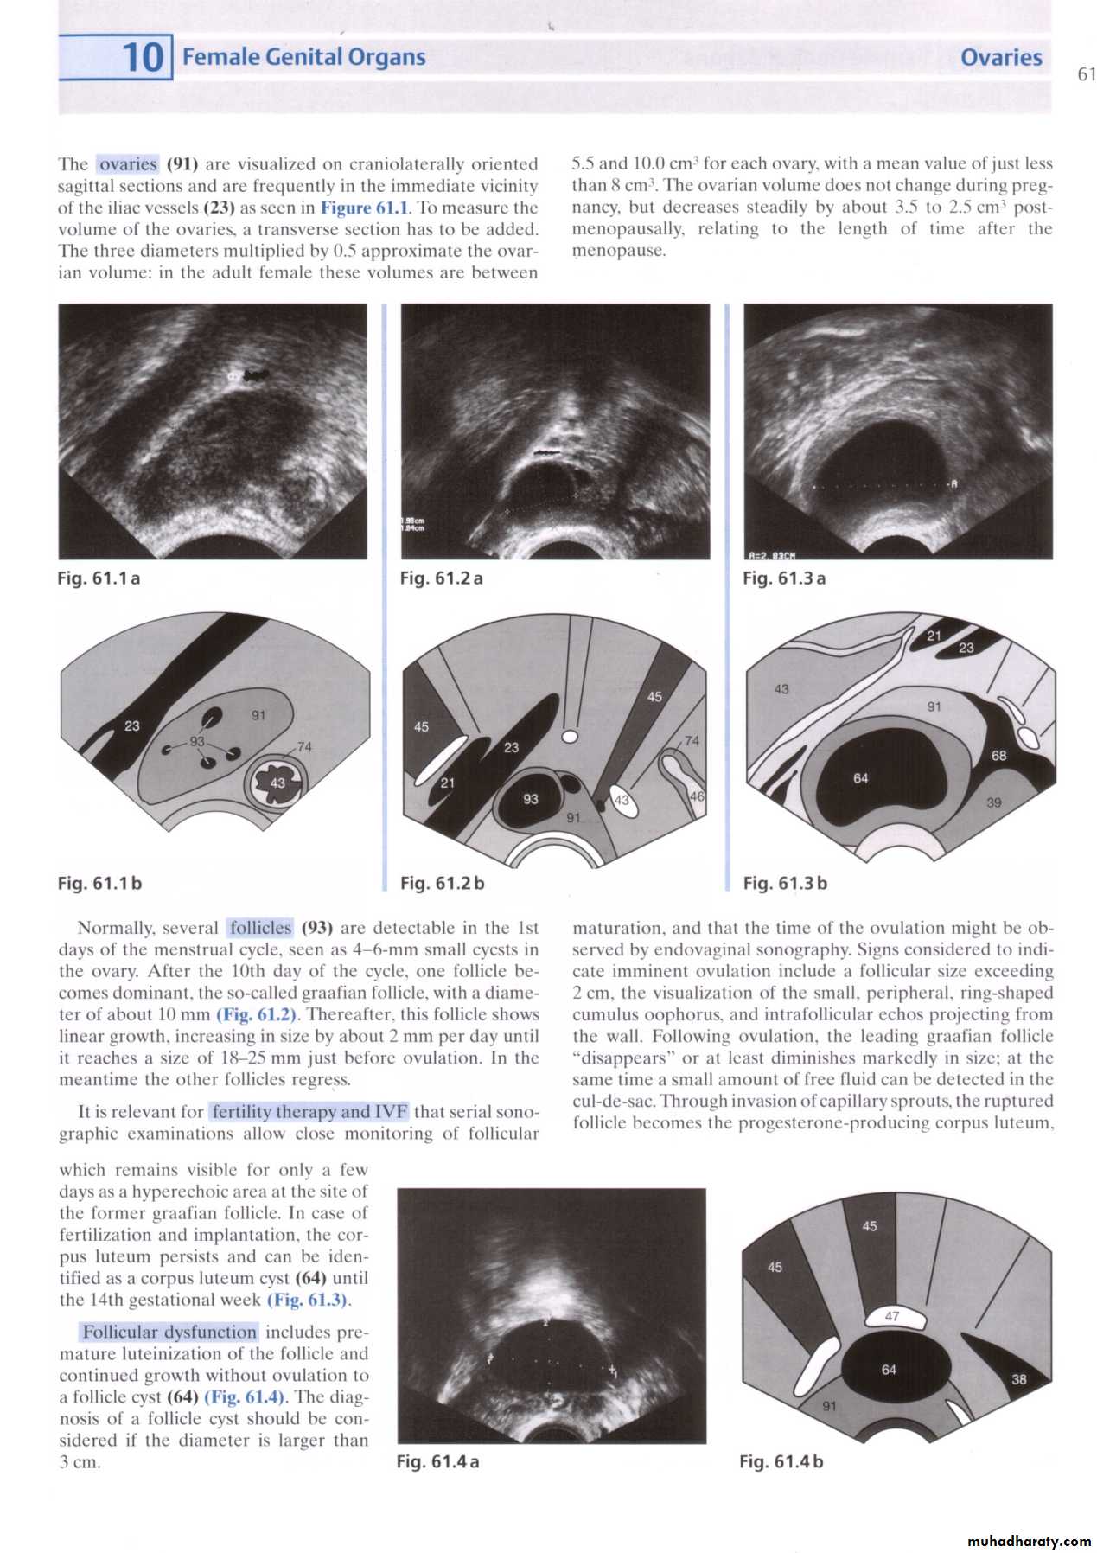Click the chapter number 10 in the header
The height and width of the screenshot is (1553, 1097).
(x=143, y=57)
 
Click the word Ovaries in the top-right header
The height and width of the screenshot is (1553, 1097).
(x=1001, y=58)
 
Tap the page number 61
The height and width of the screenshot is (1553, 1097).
(x=1086, y=74)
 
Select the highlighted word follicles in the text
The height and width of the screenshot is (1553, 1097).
(x=260, y=928)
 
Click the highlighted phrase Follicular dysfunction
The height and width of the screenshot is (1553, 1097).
(x=170, y=1332)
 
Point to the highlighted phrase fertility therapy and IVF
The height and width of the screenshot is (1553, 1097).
(x=309, y=1111)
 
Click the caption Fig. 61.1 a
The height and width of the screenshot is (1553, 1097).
(x=99, y=578)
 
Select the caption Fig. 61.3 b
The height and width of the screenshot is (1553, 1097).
(x=785, y=883)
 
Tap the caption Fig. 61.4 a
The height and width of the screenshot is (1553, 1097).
(x=437, y=1461)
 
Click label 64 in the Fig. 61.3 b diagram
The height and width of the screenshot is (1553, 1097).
(x=861, y=778)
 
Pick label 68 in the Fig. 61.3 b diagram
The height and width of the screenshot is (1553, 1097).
(x=999, y=755)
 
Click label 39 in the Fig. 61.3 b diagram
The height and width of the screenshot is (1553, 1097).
(x=994, y=802)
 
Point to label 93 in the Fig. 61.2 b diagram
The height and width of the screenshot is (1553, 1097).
(x=531, y=799)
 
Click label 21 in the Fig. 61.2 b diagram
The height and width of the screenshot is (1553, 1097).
(x=447, y=783)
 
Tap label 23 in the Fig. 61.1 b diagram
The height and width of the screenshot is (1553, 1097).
(x=132, y=725)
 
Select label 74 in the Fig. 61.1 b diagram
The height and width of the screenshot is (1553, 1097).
(x=304, y=746)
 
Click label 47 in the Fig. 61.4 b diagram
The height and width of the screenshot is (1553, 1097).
(x=892, y=1316)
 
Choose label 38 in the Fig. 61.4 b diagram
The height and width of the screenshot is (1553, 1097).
(x=1019, y=1379)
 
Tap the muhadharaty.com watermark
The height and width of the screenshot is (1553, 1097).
(x=1029, y=1541)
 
